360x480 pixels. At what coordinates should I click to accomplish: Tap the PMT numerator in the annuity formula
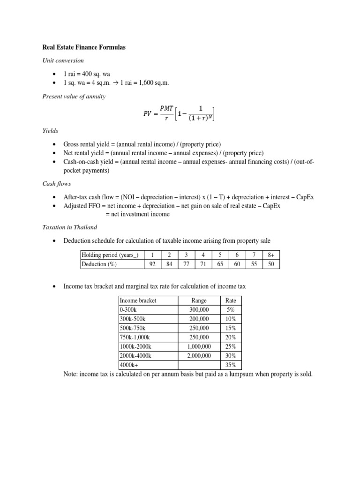pyautogui.click(x=166, y=108)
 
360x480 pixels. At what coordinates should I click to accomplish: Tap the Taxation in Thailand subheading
pyautogui.click(x=69, y=227)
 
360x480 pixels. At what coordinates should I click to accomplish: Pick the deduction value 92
pyautogui.click(x=152, y=264)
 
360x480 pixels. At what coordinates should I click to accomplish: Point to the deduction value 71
pyautogui.click(x=203, y=264)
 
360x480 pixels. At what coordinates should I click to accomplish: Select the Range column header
pyautogui.click(x=199, y=300)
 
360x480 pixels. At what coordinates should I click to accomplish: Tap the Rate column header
pyautogui.click(x=231, y=300)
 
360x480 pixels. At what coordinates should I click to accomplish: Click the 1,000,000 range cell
pyautogui.click(x=199, y=346)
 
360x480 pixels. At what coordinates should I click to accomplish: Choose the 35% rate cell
pyautogui.click(x=231, y=365)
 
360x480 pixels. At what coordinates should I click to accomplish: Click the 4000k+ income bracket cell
pyautogui.click(x=129, y=365)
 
